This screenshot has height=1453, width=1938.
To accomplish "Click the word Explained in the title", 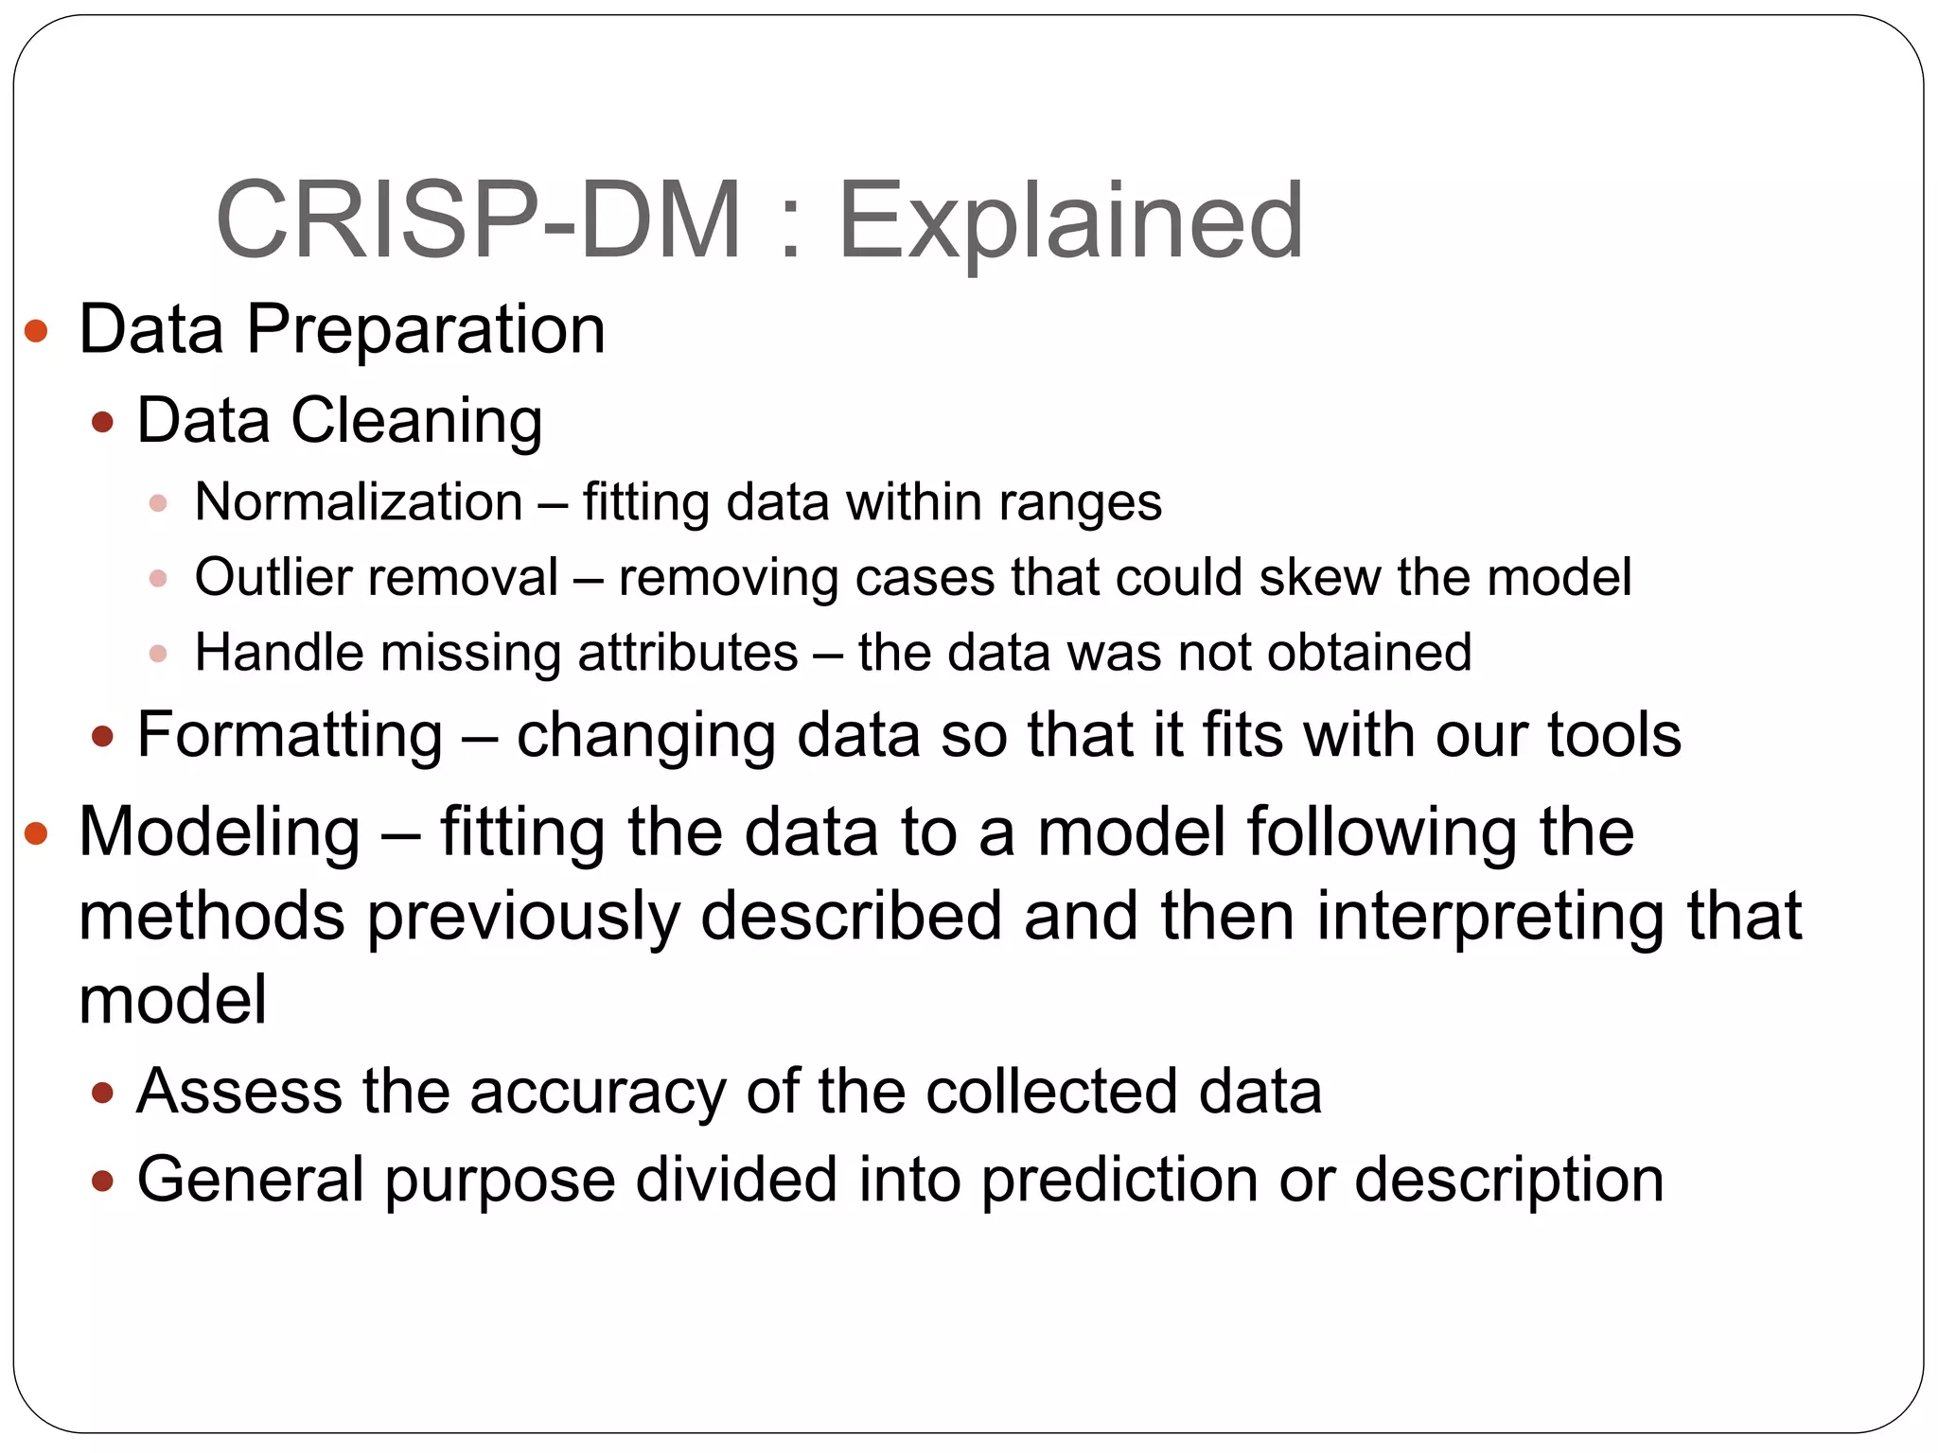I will tap(1071, 223).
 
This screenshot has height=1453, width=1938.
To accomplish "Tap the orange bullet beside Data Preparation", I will tap(36, 331).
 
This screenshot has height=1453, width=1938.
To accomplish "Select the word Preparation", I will tap(426, 331).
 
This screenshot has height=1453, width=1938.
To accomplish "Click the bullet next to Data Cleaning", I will tap(103, 421).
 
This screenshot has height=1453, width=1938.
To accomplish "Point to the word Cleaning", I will tap(416, 421).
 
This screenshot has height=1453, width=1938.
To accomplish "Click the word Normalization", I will tap(359, 501).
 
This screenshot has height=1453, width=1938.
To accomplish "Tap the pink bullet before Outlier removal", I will tap(158, 578).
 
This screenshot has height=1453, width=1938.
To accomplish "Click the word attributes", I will tap(688, 653).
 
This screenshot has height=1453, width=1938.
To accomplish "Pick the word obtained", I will tap(1369, 653).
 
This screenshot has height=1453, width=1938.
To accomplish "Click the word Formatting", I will tap(290, 735).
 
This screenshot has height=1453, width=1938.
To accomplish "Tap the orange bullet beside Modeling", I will tap(36, 833).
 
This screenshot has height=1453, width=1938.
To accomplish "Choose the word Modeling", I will tap(220, 833).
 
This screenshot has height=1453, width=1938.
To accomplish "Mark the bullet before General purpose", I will tap(103, 1181).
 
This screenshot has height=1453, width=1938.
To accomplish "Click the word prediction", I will tap(1119, 1181).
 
